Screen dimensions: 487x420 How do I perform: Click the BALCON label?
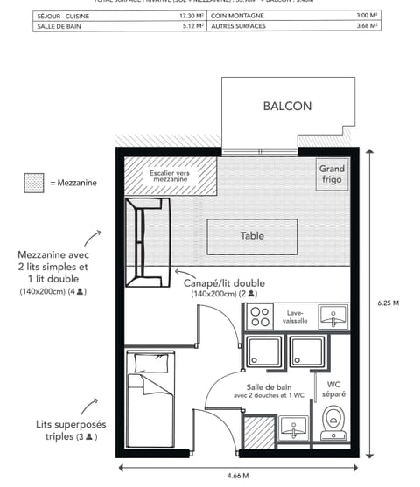[287, 107]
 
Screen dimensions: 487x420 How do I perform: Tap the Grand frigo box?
[332, 174]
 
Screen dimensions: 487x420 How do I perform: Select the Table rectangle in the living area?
[252, 235]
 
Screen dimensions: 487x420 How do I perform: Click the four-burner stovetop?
[260, 317]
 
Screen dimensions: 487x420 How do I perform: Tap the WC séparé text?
[333, 390]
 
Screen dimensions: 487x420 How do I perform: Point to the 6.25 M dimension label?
[389, 303]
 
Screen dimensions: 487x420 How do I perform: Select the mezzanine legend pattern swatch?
[34, 183]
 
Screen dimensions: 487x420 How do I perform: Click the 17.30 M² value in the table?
[192, 16]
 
